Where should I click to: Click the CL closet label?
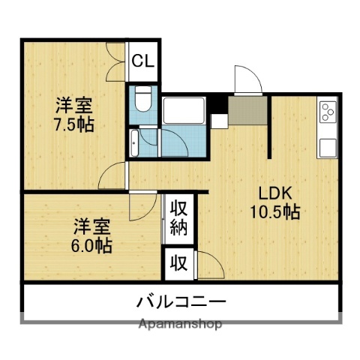point(142,61)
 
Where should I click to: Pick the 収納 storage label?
point(178,217)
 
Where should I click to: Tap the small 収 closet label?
point(178,262)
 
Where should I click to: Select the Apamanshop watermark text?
point(180,325)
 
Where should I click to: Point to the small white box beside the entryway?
point(219,120)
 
